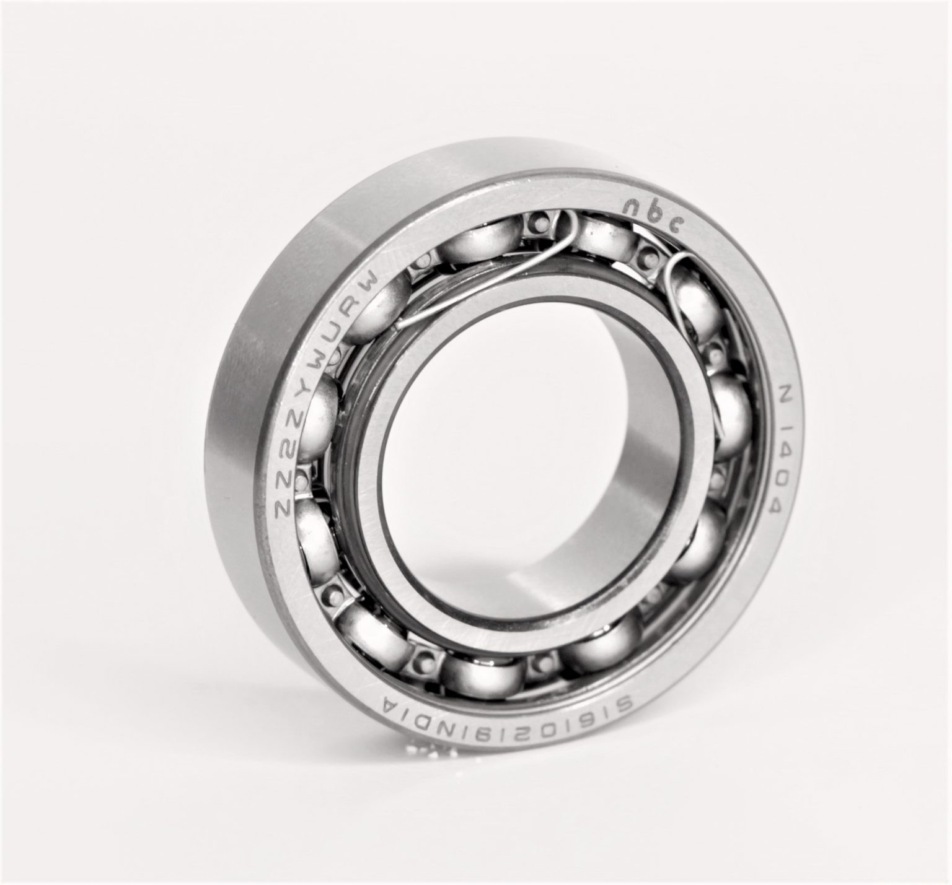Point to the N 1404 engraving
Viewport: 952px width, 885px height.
point(780,450)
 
